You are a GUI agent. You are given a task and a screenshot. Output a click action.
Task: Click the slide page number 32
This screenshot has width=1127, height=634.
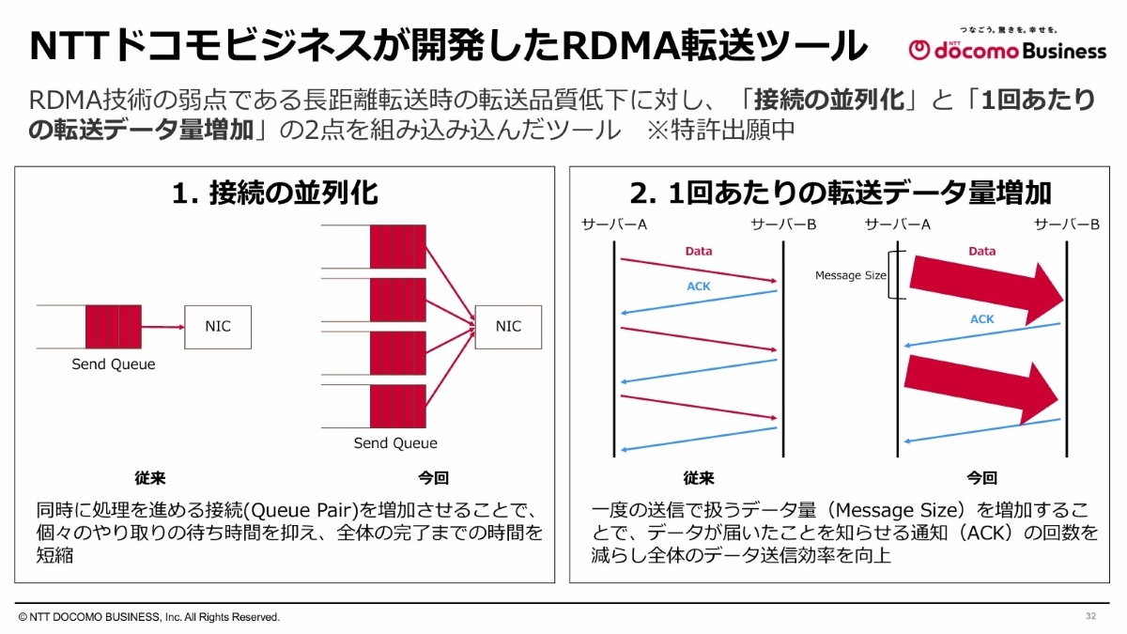[1090, 616]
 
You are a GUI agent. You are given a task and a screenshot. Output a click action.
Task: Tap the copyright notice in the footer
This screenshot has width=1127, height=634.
[149, 617]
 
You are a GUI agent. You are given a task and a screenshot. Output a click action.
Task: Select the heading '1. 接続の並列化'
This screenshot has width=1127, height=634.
[275, 193]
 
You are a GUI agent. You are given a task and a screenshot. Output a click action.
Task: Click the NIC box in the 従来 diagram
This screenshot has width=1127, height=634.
[218, 327]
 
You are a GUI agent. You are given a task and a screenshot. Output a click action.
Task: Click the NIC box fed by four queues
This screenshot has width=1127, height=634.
[508, 327]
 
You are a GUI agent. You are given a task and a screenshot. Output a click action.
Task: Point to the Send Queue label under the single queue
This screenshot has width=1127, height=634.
[114, 364]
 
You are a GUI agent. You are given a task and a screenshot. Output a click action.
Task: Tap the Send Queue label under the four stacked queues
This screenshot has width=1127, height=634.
[395, 443]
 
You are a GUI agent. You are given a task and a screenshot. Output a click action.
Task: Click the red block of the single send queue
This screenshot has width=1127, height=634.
[102, 327]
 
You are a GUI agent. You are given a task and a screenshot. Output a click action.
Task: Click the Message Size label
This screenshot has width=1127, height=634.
[850, 275]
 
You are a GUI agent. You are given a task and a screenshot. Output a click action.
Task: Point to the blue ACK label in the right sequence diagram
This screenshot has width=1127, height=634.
[981, 319]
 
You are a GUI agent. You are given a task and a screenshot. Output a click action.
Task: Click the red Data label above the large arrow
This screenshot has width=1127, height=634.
[981, 252]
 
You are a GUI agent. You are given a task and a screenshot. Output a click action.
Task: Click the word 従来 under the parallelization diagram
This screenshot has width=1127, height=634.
[150, 477]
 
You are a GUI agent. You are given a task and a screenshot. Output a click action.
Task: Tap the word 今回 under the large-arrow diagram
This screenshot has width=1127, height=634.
[981, 477]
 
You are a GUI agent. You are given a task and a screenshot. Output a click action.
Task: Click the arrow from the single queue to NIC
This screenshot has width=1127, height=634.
[161, 327]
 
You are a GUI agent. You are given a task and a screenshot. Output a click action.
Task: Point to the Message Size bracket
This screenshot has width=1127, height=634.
[898, 275]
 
